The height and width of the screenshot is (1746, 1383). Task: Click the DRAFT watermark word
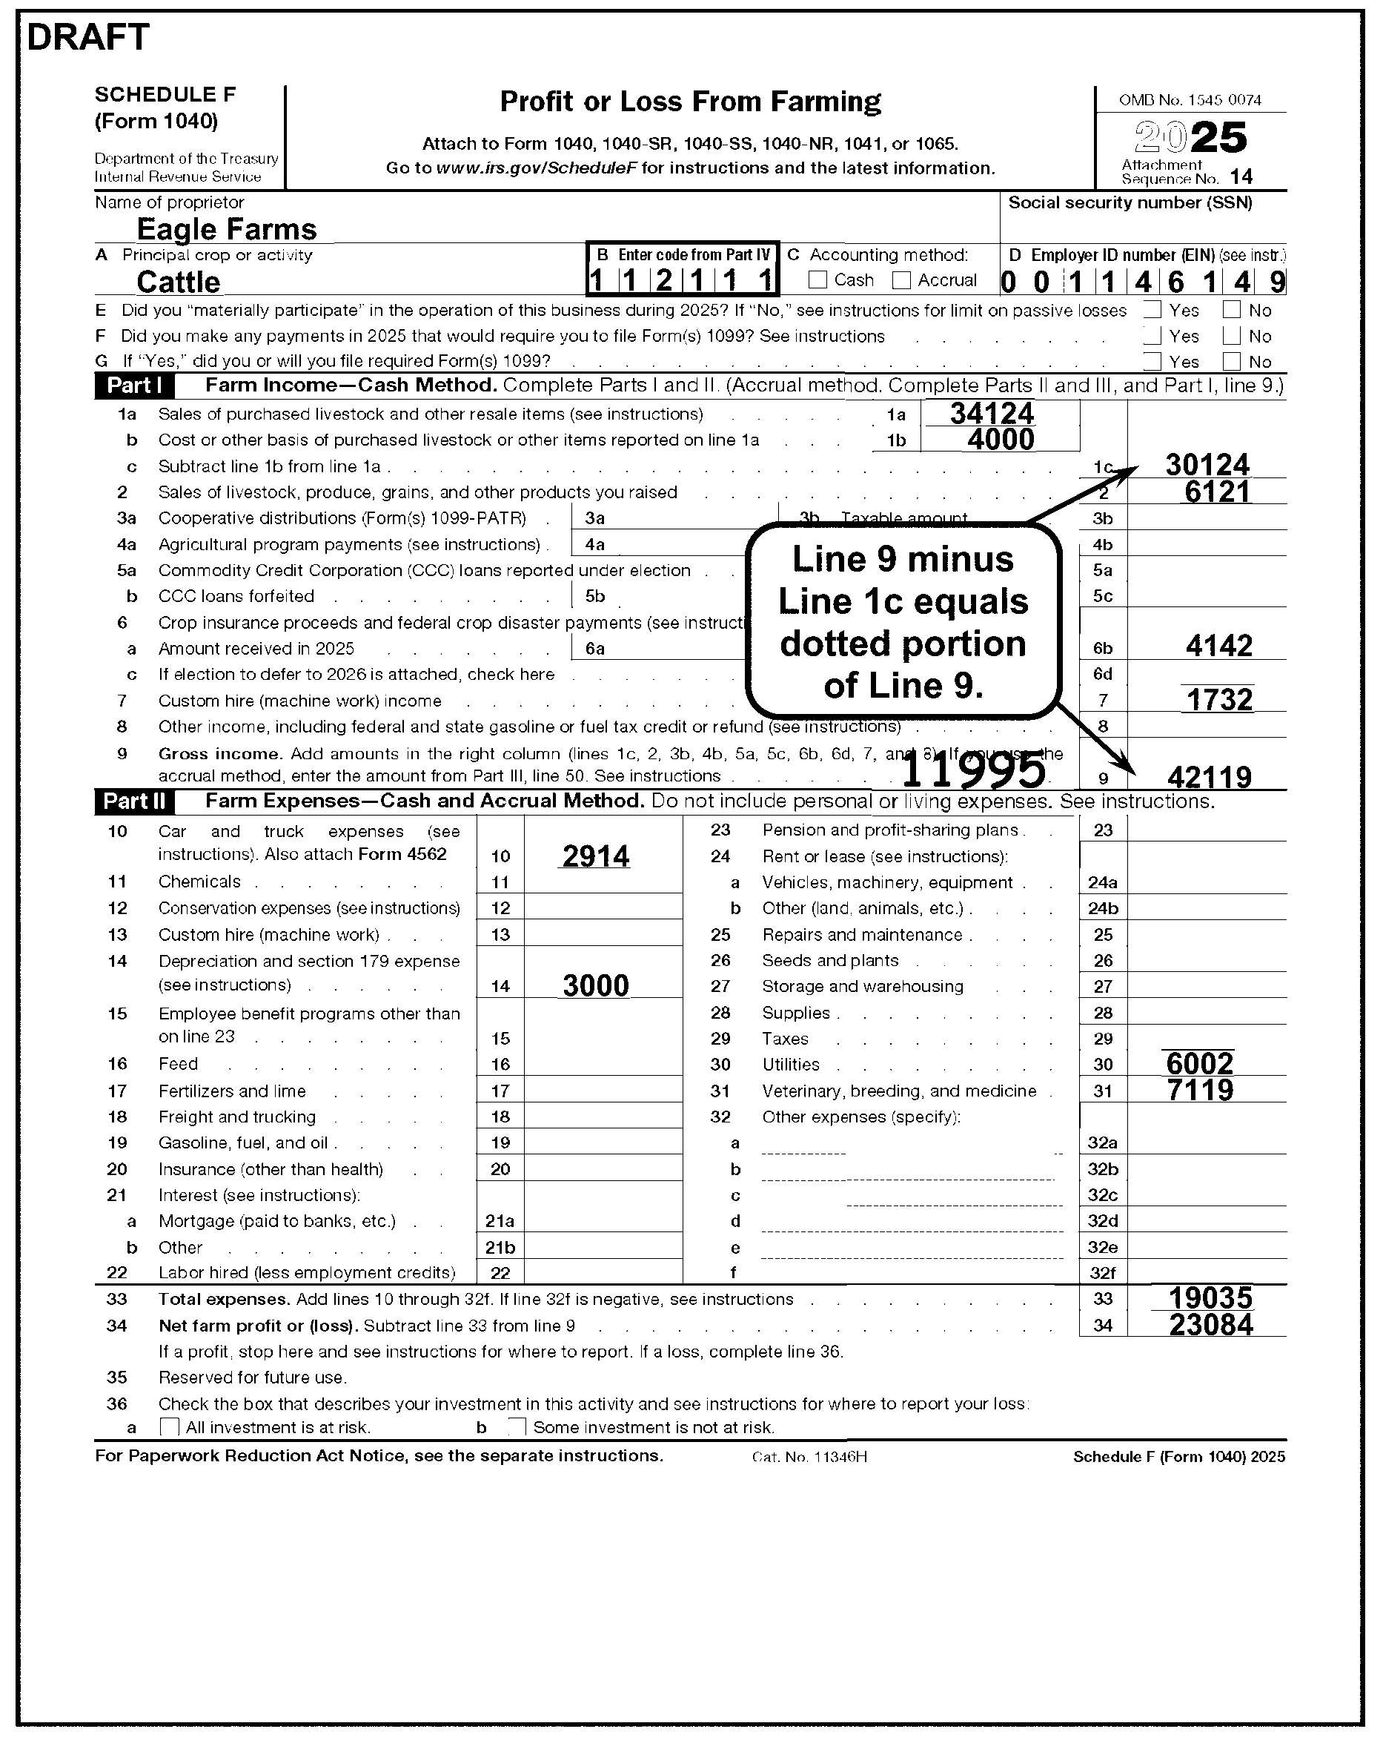(88, 37)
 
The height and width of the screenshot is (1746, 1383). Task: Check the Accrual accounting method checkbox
(901, 280)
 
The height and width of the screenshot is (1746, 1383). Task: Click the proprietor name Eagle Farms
(227, 229)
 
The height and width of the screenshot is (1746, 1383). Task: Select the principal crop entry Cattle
(178, 282)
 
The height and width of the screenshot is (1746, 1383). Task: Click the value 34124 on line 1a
(992, 414)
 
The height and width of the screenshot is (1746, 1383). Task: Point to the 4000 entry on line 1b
(1001, 440)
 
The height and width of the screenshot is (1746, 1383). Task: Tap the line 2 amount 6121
(1217, 492)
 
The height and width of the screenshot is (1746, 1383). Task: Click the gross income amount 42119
(1209, 778)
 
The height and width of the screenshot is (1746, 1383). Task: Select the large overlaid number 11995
(972, 770)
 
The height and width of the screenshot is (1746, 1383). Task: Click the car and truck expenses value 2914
(595, 856)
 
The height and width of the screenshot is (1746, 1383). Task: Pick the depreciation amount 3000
(595, 985)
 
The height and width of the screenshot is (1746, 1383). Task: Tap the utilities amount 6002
(1200, 1063)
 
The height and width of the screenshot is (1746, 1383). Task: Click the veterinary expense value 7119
(1200, 1090)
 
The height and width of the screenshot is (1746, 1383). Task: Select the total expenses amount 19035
(1210, 1298)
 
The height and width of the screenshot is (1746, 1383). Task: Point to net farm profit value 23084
(1210, 1325)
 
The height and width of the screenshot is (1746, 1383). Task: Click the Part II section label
(134, 801)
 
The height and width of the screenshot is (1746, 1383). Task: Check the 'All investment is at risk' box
(169, 1426)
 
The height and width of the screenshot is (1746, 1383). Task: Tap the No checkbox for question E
(1232, 309)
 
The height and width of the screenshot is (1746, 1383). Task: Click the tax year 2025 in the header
(1190, 138)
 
